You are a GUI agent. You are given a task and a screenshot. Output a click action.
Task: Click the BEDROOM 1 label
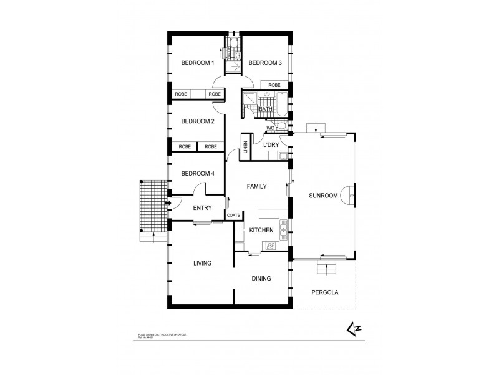click(x=198, y=63)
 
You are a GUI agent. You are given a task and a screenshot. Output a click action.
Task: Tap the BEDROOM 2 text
click(x=198, y=121)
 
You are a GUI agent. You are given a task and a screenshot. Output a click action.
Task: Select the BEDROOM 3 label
click(x=266, y=63)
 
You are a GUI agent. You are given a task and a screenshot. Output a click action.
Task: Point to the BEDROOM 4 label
click(x=198, y=174)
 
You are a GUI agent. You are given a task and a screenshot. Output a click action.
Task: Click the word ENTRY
click(x=203, y=208)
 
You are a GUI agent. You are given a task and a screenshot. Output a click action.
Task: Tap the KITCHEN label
click(x=261, y=231)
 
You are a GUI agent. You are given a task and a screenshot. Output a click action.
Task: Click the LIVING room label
click(x=202, y=264)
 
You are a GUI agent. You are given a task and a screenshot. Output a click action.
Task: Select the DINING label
click(x=261, y=279)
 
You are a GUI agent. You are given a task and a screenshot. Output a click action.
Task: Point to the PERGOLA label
click(x=324, y=292)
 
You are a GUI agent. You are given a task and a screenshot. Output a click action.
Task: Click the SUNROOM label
click(x=323, y=196)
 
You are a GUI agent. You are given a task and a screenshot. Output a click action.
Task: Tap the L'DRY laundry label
click(x=271, y=145)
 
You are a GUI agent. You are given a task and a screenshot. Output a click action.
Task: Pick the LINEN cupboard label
click(x=246, y=148)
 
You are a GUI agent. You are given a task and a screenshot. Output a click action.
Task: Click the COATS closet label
click(x=234, y=215)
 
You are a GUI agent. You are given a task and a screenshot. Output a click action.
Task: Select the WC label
click(x=270, y=128)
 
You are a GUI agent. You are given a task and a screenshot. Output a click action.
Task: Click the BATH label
click(x=266, y=109)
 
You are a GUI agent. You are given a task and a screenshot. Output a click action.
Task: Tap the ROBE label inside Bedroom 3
click(x=274, y=85)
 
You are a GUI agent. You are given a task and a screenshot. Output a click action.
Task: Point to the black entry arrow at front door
click(x=168, y=203)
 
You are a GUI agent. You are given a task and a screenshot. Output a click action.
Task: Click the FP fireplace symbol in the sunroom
click(x=352, y=196)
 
